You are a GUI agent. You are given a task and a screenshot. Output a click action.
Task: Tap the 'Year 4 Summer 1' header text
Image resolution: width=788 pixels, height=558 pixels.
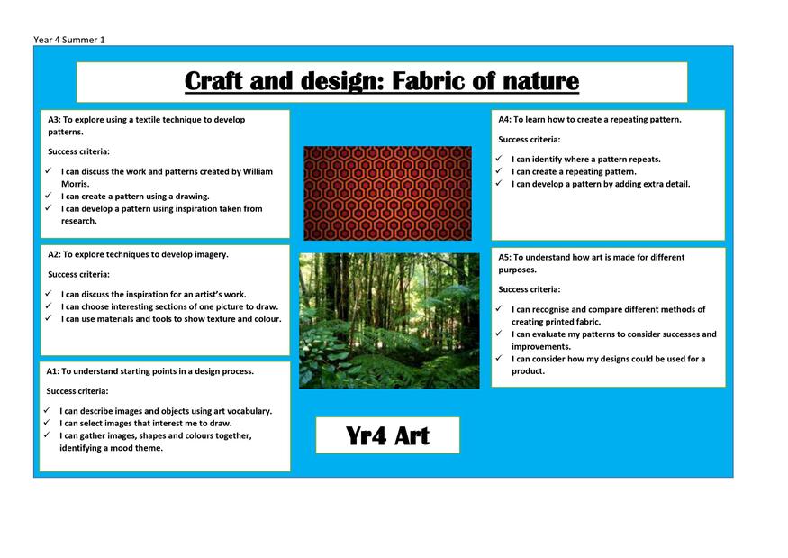click(69, 40)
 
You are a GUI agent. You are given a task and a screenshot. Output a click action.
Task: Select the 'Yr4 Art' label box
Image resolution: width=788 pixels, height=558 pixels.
click(387, 435)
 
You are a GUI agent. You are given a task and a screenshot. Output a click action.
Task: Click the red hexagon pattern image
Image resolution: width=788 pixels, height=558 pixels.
click(387, 193)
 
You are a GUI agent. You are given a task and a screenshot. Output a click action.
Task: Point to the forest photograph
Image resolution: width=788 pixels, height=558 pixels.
click(389, 321)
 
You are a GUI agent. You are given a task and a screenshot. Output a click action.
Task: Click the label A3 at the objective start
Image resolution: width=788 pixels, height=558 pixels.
click(54, 120)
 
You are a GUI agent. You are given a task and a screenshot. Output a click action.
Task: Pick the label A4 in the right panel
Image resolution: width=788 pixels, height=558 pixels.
click(504, 120)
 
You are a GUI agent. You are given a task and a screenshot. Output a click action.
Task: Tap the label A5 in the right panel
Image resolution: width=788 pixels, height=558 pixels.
click(504, 257)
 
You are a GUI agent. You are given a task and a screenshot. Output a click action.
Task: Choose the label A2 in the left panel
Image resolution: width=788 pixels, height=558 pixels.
click(54, 254)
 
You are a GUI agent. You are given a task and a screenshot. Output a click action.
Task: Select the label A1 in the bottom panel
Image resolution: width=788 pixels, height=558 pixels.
click(52, 371)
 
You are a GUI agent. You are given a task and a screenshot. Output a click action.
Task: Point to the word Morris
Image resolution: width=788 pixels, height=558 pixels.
click(75, 184)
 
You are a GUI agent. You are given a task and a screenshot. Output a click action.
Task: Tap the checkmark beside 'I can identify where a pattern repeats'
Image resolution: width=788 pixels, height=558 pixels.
click(499, 159)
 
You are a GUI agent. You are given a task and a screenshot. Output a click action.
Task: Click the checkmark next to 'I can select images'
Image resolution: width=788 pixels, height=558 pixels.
click(47, 423)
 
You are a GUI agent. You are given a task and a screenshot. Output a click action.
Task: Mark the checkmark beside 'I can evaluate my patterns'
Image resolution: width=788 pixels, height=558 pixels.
click(499, 334)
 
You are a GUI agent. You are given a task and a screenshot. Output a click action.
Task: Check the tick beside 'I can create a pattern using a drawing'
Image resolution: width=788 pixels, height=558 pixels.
click(49, 196)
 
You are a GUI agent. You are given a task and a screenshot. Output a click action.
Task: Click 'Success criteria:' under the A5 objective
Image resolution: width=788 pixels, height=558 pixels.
click(530, 289)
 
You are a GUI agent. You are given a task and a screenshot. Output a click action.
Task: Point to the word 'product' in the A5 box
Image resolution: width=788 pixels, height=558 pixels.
click(528, 371)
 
